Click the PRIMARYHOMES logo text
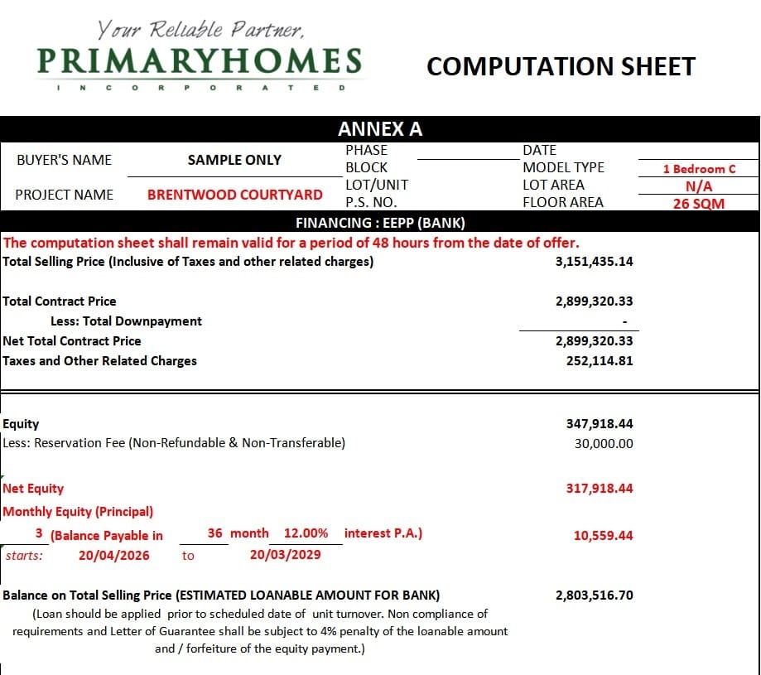(x=200, y=61)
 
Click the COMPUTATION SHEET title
(x=561, y=66)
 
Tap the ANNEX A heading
(x=380, y=129)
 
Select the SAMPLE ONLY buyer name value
(x=234, y=160)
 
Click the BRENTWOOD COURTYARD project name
(x=235, y=195)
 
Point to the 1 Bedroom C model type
(x=699, y=169)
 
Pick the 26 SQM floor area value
(x=699, y=204)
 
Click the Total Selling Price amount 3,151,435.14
(x=594, y=262)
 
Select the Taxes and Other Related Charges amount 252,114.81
(x=600, y=361)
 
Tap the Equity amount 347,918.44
(x=600, y=424)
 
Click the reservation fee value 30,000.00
(x=604, y=443)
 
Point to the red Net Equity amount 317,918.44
(x=600, y=489)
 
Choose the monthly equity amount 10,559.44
(x=603, y=536)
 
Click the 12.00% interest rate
(x=306, y=533)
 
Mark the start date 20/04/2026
(x=114, y=555)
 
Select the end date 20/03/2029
(x=285, y=555)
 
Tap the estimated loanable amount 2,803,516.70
(x=594, y=595)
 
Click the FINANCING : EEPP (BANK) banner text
(x=380, y=223)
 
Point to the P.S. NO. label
(x=371, y=203)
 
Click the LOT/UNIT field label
(x=376, y=186)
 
